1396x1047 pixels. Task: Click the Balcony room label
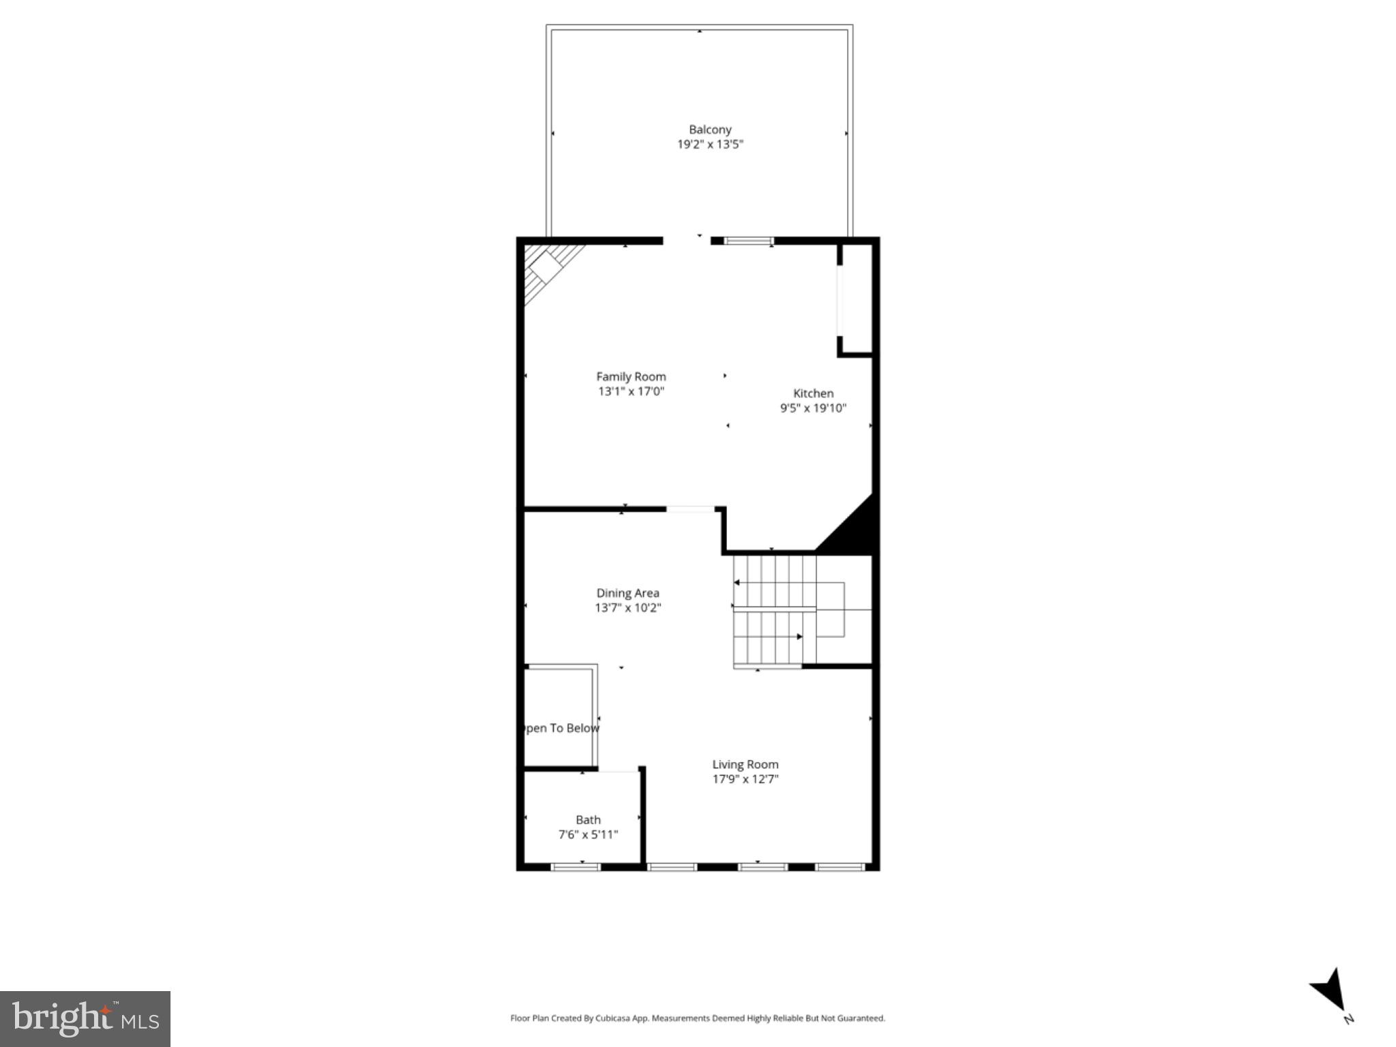coord(709,130)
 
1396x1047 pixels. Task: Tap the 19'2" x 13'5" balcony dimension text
coord(709,145)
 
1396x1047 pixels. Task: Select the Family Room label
coord(631,376)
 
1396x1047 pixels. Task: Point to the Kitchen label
coord(813,393)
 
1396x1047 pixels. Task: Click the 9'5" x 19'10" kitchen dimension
coord(813,408)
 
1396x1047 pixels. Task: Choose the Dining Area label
coord(627,593)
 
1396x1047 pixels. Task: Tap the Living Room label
coord(745,764)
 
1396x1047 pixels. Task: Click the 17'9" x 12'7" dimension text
coord(745,779)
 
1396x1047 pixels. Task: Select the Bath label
coord(588,820)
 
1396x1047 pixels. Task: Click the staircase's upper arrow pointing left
coord(737,583)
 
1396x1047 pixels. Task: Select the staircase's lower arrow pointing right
coord(799,637)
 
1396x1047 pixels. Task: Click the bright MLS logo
coord(85,1018)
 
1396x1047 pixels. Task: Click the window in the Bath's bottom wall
coord(575,867)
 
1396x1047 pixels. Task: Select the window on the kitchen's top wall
coord(748,241)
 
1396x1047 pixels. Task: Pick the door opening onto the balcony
coord(687,241)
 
